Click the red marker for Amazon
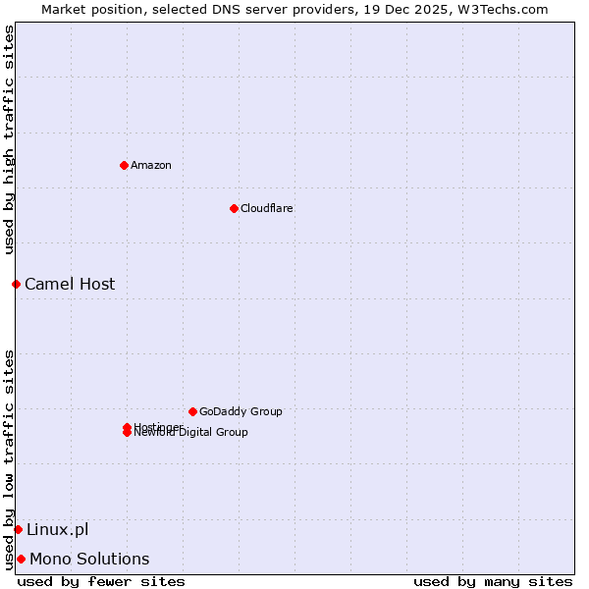(124, 165)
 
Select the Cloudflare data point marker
(234, 208)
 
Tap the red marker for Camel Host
(16, 284)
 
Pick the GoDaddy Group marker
(192, 411)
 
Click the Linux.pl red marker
(18, 530)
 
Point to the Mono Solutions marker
(21, 560)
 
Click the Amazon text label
(151, 165)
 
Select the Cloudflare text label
(267, 208)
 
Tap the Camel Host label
(70, 284)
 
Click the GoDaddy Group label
(241, 411)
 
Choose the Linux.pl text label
(57, 530)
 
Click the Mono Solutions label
(89, 560)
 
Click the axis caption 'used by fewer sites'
(101, 581)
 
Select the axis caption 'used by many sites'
(493, 581)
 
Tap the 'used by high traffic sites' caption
(10, 140)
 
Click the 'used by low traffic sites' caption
(10, 459)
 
